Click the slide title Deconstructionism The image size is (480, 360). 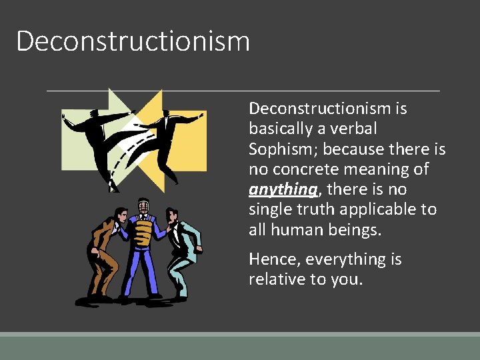tap(133, 41)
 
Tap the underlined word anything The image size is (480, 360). tap(283, 189)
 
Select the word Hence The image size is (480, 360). tap(271, 259)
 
